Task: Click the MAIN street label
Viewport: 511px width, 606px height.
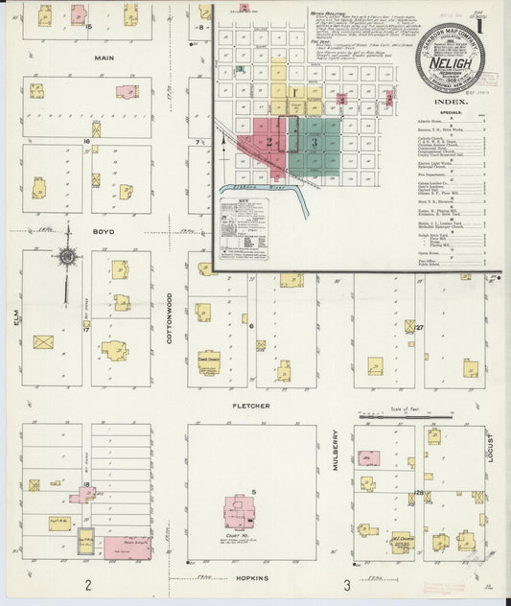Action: click(104, 58)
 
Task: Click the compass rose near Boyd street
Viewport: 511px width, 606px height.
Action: click(67, 256)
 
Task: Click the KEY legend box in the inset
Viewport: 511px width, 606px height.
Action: click(244, 227)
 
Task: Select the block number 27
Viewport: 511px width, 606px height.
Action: click(420, 328)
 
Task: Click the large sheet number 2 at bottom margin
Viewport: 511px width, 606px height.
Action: click(87, 586)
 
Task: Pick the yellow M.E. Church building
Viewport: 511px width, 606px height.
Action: click(401, 543)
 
